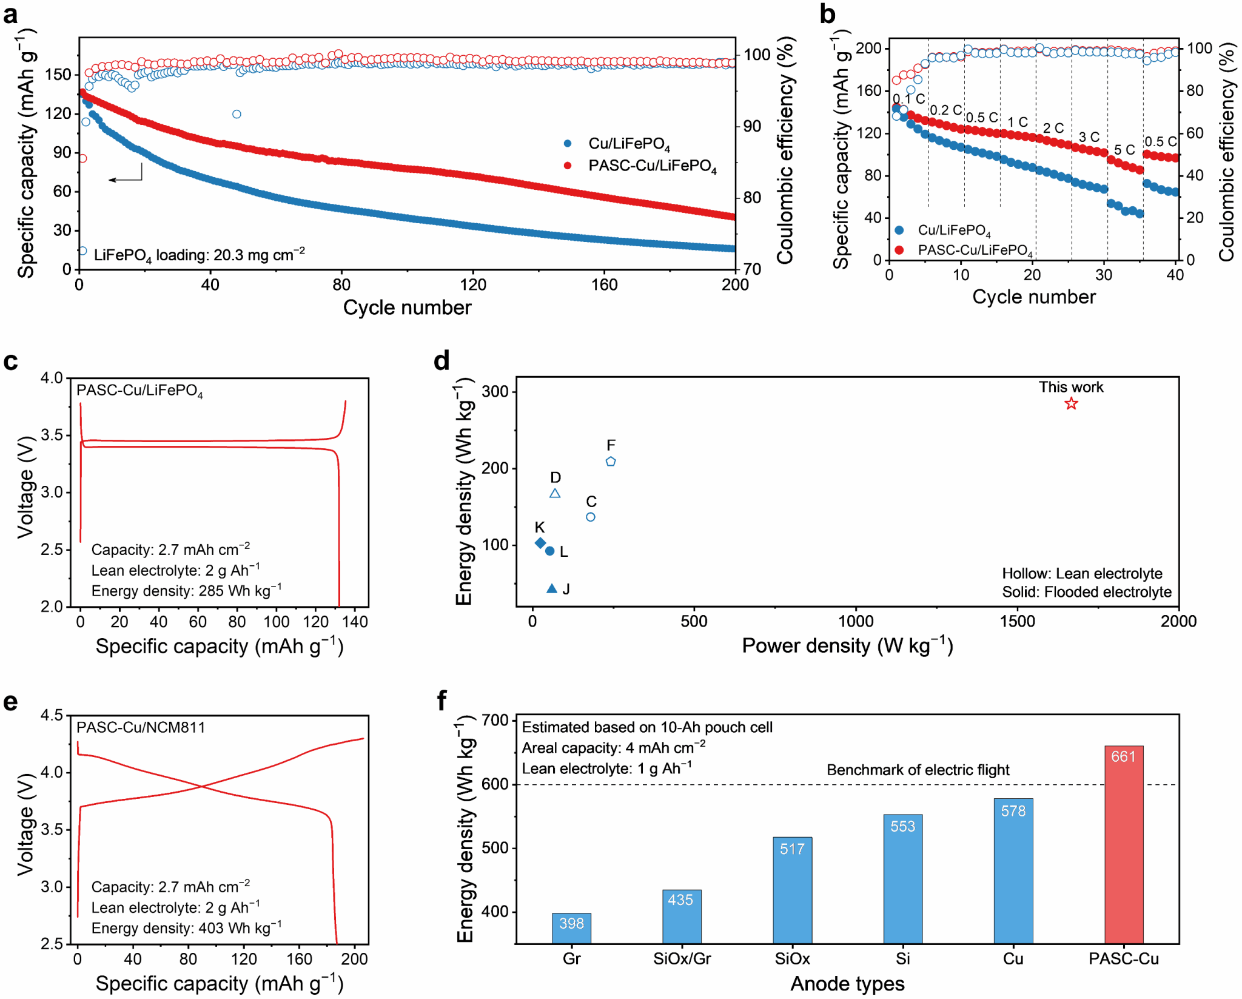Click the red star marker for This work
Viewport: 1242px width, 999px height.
(1071, 404)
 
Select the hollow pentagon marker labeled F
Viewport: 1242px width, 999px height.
(611, 462)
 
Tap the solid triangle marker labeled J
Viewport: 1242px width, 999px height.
(552, 589)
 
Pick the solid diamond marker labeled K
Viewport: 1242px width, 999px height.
(540, 543)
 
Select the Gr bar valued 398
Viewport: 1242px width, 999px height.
(571, 928)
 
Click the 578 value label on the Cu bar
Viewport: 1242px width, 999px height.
(1013, 811)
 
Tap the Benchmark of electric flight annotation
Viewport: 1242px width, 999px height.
(918, 770)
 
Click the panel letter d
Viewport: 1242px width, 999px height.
(441, 362)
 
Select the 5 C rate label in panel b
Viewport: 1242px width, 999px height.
(1124, 150)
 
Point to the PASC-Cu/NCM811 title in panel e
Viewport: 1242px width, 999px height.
(141, 727)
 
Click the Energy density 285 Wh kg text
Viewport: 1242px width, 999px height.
(186, 591)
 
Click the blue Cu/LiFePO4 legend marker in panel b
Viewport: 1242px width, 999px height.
(899, 230)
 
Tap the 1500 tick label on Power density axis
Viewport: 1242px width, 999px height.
(1017, 622)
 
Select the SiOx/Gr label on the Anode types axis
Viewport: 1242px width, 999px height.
(682, 959)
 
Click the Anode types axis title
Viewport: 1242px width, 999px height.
(847, 984)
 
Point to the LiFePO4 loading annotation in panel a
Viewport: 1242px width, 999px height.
(199, 255)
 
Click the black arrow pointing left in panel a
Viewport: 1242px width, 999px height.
(125, 178)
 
